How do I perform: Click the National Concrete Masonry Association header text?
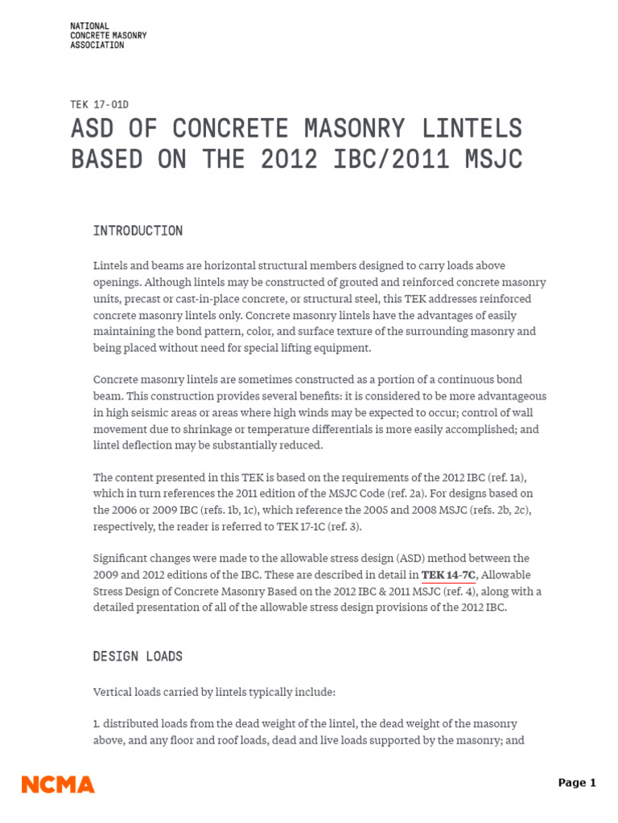click(109, 36)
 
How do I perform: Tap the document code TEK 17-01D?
click(100, 104)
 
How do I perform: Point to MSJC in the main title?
click(492, 159)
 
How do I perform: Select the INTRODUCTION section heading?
click(138, 231)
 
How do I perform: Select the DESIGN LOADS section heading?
click(138, 657)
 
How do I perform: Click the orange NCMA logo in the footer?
click(58, 784)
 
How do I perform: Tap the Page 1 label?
click(577, 783)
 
